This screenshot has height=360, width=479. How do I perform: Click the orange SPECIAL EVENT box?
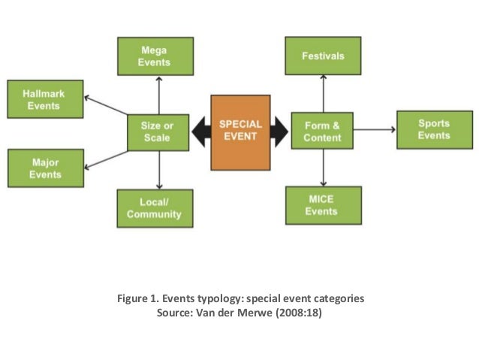tap(240, 132)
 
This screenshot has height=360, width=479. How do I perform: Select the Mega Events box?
tap(155, 56)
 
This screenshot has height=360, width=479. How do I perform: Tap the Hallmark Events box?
tap(44, 100)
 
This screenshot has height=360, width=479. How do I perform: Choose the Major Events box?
tap(44, 168)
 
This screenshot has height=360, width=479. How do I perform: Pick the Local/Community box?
tap(155, 208)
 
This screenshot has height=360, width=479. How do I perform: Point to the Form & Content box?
tap(322, 132)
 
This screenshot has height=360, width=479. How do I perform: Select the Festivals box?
tap(323, 56)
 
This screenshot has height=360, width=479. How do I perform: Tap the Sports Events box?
tap(434, 130)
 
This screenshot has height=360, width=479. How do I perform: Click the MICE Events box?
tap(323, 205)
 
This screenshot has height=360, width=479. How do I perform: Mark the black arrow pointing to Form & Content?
tap(279, 132)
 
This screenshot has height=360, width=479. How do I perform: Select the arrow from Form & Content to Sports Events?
tap(375, 130)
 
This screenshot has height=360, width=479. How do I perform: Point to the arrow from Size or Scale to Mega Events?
tap(158, 94)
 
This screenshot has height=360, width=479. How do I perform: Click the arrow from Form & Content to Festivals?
tap(324, 94)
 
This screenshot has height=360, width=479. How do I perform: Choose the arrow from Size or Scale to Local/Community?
tap(158, 170)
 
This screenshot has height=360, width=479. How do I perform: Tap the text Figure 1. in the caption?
tap(137, 298)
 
